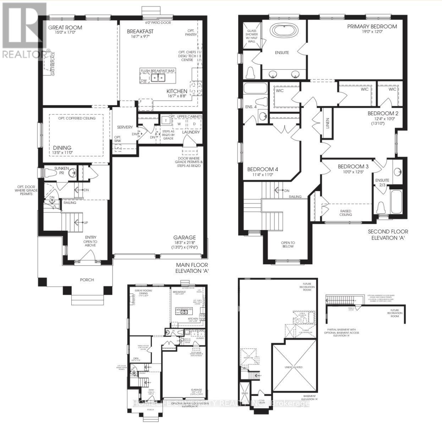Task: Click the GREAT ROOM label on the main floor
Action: coord(65,27)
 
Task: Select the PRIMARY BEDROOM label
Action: coord(372,27)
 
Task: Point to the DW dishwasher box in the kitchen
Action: coord(144,81)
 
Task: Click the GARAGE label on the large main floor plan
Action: coord(184,237)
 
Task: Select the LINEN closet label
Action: coord(328,123)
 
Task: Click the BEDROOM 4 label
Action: coord(262,169)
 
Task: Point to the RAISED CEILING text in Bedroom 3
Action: coord(345,212)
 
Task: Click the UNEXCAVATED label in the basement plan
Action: coord(293,367)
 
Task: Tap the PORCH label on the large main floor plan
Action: coord(87,280)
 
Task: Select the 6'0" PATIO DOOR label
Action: coord(157,23)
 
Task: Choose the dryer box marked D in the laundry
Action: coord(194,123)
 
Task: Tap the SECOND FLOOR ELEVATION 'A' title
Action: coord(388,234)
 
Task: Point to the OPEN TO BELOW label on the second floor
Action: coord(288,244)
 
